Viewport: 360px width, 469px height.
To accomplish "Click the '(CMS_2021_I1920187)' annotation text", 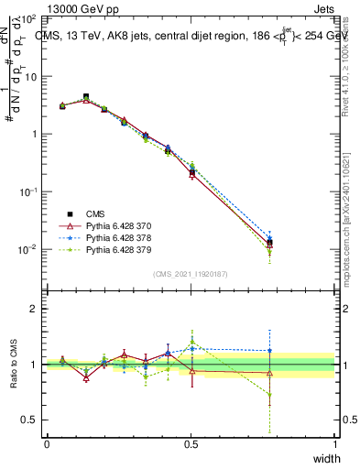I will [191, 273].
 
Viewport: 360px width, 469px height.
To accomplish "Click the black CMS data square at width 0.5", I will [191, 172].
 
